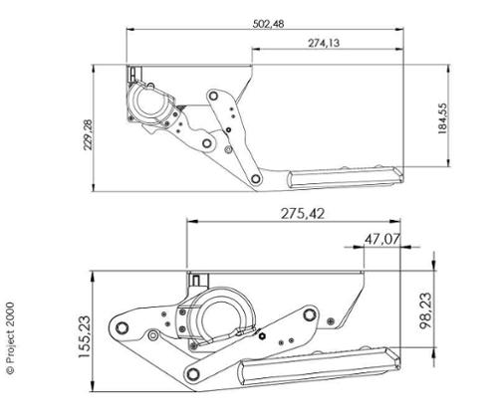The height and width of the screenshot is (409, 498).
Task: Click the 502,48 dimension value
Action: pyautogui.click(x=268, y=24)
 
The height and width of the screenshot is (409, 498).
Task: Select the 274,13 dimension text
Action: pyautogui.click(x=324, y=43)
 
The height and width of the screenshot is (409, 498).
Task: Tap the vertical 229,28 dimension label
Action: pyautogui.click(x=89, y=134)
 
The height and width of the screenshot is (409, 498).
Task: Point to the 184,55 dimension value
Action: pyautogui.click(x=442, y=118)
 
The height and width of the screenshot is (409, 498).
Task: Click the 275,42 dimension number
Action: pyautogui.click(x=303, y=214)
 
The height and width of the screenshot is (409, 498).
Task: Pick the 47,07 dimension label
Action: pyautogui.click(x=382, y=239)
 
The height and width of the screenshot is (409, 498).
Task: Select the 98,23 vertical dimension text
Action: pyautogui.click(x=426, y=310)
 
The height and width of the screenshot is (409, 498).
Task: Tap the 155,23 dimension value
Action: pyautogui.click(x=84, y=336)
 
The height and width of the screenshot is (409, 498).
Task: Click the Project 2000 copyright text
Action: pyautogui.click(x=10, y=338)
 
